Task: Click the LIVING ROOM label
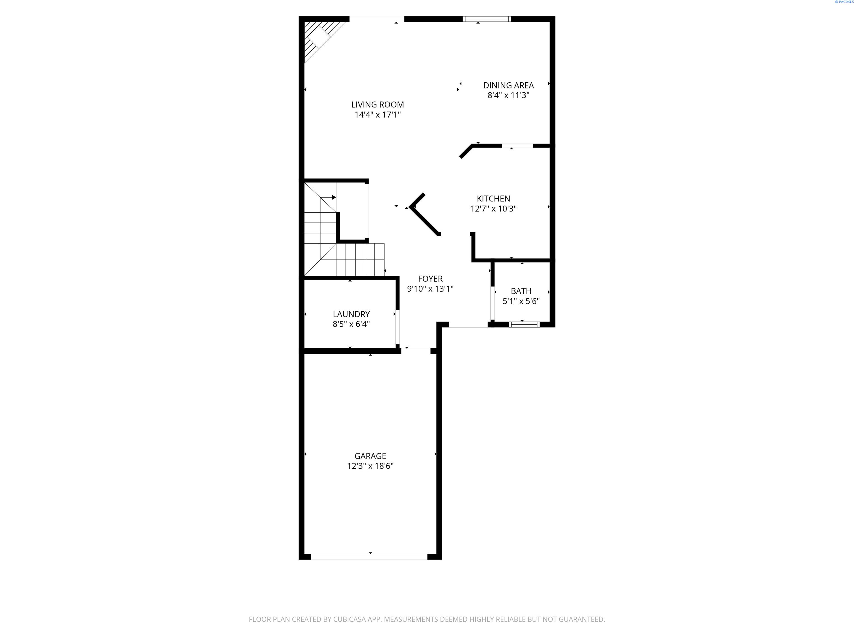378,105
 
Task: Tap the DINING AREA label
508,85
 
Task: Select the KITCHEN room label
493,199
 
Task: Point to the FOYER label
430,278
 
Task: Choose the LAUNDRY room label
351,314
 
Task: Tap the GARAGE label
370,456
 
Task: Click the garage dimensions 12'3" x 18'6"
370,466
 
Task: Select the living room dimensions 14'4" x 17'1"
378,115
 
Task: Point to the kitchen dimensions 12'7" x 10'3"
493,209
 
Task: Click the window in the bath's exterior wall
524,324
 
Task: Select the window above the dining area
487,19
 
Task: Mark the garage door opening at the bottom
369,557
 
